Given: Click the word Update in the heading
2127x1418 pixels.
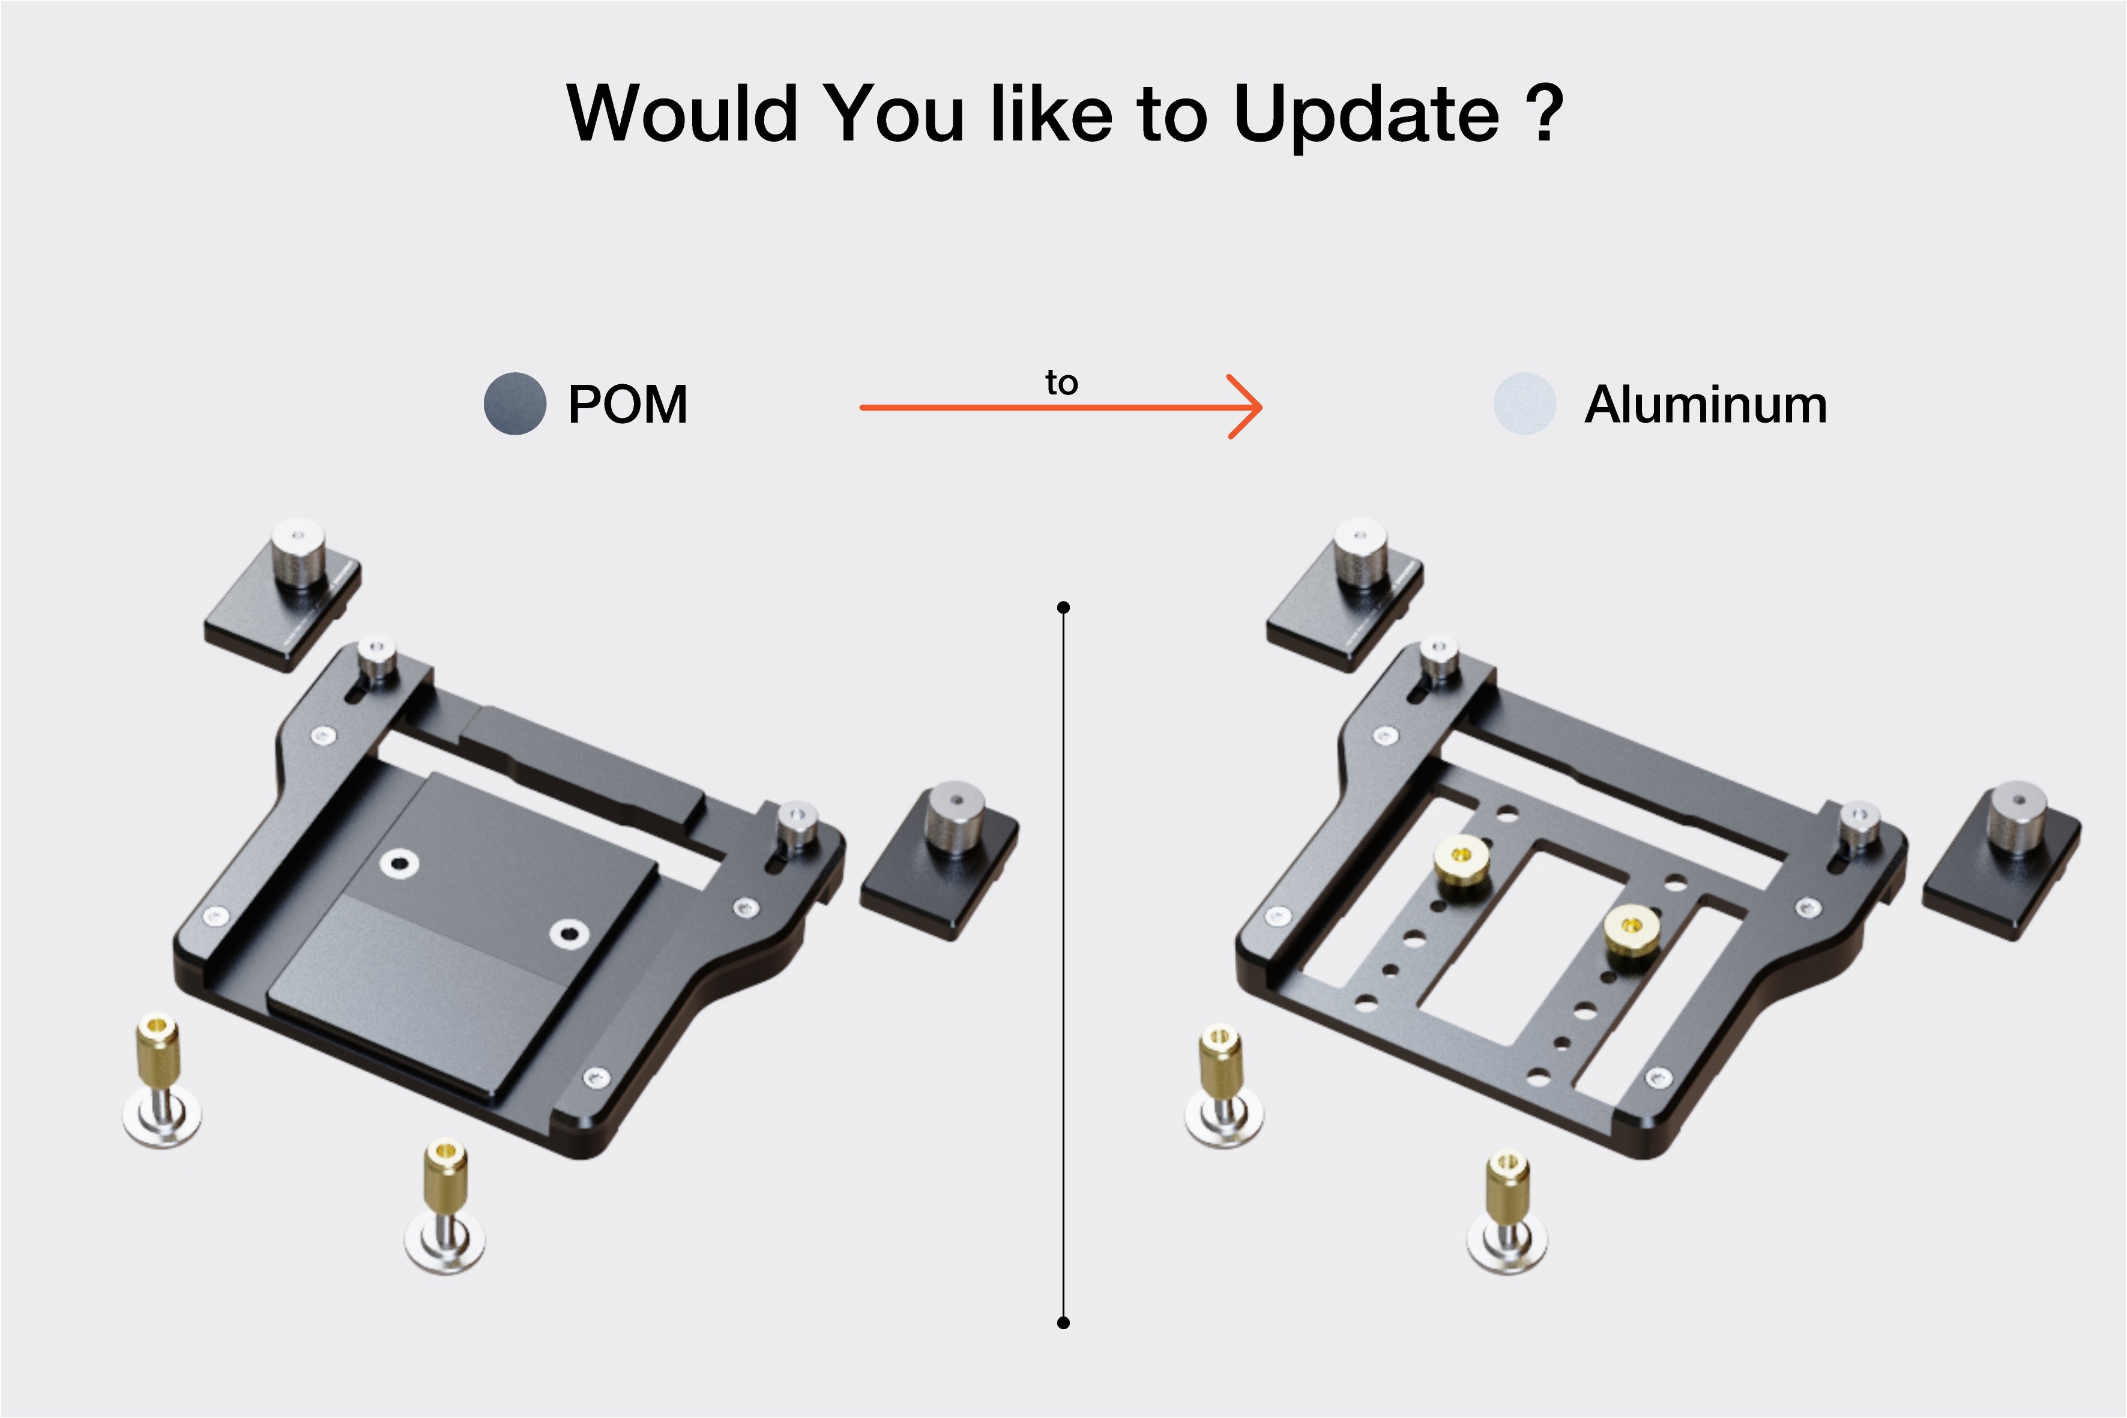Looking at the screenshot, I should [x=1366, y=115].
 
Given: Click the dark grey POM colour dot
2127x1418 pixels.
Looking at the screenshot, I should [x=514, y=403].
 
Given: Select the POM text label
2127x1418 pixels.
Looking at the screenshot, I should [x=627, y=404].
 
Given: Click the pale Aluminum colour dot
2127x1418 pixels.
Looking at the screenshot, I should [x=1525, y=403].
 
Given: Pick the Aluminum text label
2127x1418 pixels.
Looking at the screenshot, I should [x=1706, y=404].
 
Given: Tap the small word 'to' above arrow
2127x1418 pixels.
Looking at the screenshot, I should [x=1061, y=382].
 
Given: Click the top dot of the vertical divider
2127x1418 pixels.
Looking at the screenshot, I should [x=1064, y=607].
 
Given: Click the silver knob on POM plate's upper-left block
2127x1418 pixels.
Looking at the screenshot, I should [x=298, y=552].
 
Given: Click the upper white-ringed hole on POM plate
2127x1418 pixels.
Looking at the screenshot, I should [x=399, y=863].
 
